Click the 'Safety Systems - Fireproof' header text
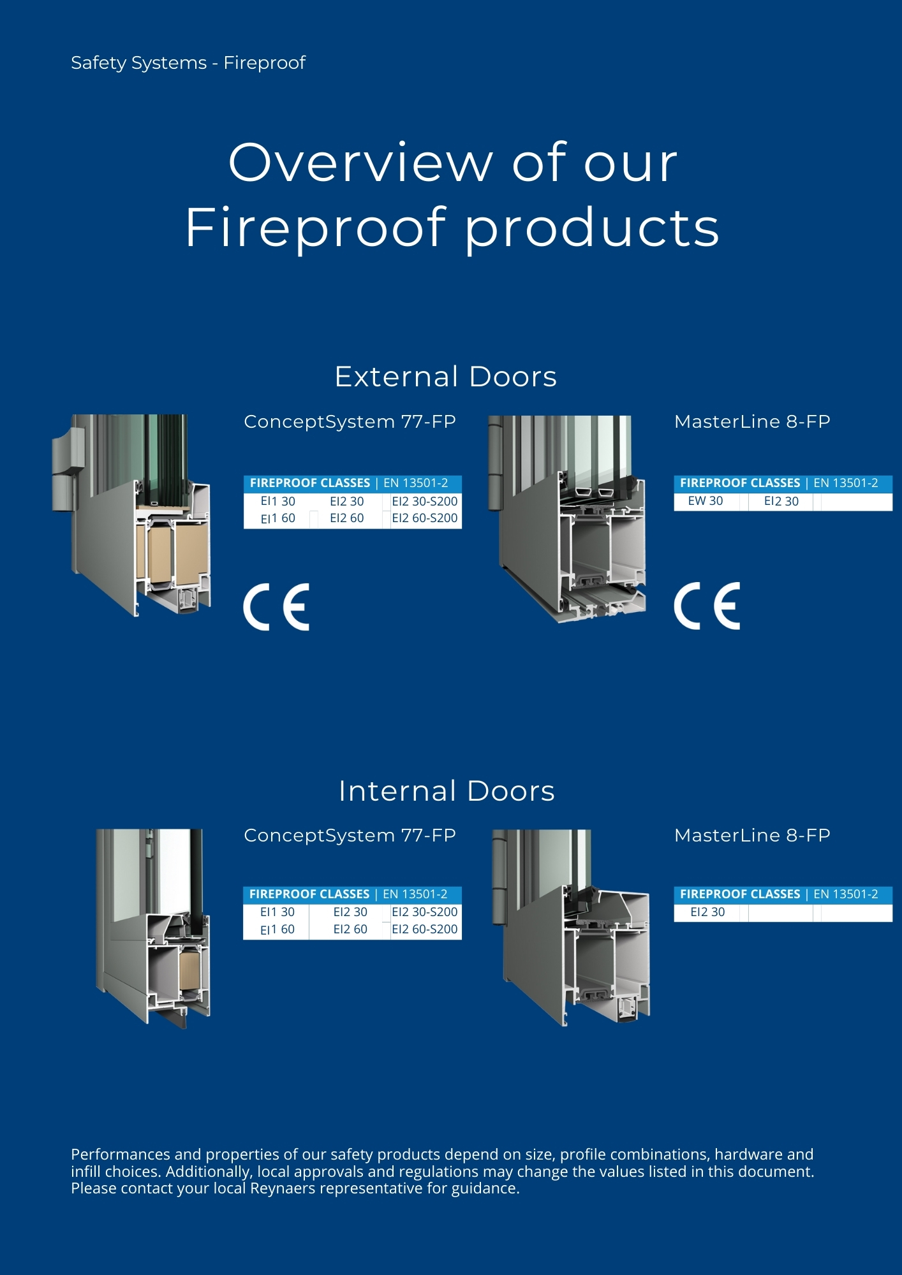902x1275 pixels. [x=188, y=63]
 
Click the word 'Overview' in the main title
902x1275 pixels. [x=360, y=163]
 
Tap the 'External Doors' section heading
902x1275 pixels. [x=446, y=376]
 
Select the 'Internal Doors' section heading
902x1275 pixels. [x=447, y=791]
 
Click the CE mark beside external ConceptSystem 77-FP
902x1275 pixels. [x=276, y=607]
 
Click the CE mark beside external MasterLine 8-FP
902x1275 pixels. [x=707, y=606]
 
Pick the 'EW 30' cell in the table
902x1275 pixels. [x=706, y=501]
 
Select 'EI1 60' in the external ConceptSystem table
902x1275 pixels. [x=278, y=518]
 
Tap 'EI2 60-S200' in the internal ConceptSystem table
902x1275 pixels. [x=425, y=929]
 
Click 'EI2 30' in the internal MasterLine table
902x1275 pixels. [x=707, y=912]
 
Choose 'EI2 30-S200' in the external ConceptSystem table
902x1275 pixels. [x=425, y=502]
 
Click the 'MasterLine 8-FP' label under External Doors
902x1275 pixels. [x=752, y=421]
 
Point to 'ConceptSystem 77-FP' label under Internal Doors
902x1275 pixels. [x=350, y=835]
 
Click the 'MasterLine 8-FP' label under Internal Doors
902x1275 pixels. [x=752, y=835]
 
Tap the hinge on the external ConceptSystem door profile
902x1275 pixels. [x=68, y=469]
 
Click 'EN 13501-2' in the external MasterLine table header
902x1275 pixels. [x=846, y=483]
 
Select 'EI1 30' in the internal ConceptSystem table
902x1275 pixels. [x=277, y=912]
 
